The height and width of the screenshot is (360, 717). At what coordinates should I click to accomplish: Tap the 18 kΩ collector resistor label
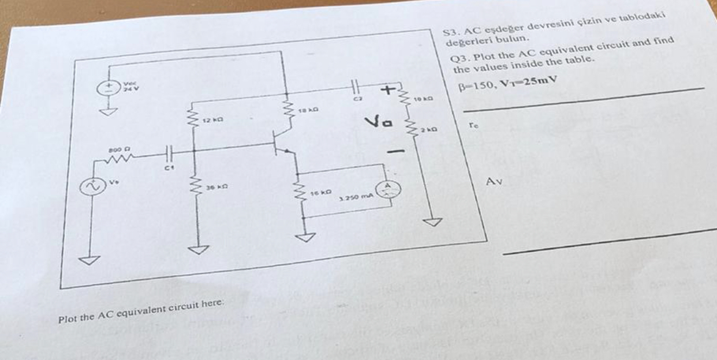pyautogui.click(x=307, y=108)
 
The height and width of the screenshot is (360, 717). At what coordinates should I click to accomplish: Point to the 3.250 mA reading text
pyautogui.click(x=356, y=198)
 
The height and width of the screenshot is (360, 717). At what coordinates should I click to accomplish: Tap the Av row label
pyautogui.click(x=494, y=182)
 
